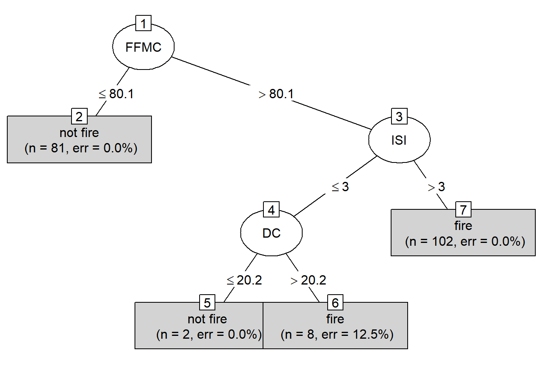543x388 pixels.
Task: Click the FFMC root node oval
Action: tap(143, 47)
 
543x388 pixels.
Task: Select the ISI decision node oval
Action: tap(399, 140)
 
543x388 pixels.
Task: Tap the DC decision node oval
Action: tap(271, 233)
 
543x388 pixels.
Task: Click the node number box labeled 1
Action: tap(143, 23)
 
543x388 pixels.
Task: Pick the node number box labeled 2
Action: tap(79, 116)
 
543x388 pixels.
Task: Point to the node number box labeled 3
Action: tap(399, 116)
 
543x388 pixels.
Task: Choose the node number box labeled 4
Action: tap(271, 210)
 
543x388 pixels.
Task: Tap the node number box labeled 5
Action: tap(207, 303)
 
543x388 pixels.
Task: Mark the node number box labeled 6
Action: tap(335, 303)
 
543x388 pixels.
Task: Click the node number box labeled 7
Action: tap(463, 210)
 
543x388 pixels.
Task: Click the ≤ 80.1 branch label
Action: tap(116, 94)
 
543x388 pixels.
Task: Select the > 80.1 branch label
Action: tap(276, 94)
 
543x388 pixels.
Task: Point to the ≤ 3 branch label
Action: tap(340, 187)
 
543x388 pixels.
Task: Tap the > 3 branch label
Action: tap(436, 187)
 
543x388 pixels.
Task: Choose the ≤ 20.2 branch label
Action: tap(244, 280)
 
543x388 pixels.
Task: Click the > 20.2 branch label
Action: tap(308, 280)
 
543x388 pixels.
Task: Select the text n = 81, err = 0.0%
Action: tap(81, 148)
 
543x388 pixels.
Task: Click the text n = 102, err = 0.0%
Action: tap(465, 241)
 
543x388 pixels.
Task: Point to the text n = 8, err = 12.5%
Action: tap(337, 334)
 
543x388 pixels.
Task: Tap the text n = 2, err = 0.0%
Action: tap(209, 334)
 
